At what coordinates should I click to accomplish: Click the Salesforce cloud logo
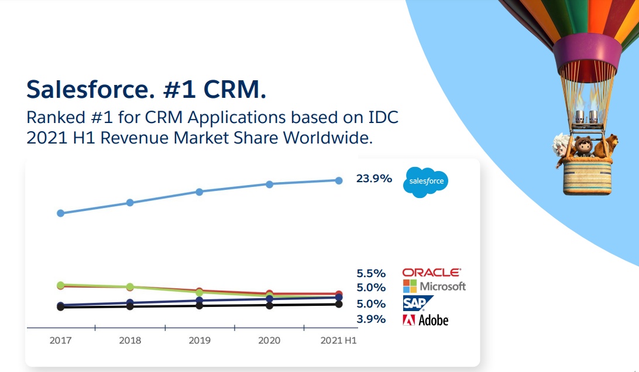(426, 182)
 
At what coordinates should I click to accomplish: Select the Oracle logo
(431, 272)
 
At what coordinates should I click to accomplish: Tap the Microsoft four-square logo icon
(410, 286)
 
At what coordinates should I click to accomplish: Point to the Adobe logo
(425, 320)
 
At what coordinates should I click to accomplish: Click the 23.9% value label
(374, 179)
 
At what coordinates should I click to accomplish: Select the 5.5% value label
(371, 273)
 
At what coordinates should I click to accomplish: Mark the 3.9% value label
(371, 319)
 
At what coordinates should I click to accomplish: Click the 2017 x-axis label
(61, 340)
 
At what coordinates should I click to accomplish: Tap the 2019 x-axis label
(200, 340)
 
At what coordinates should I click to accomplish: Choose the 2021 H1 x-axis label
(338, 340)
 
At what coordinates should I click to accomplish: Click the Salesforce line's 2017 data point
(60, 213)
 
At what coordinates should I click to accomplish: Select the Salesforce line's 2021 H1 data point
(338, 180)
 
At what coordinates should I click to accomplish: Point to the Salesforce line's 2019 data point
(200, 192)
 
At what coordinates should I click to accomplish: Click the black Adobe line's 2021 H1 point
(338, 304)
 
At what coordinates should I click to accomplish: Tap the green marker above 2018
(130, 287)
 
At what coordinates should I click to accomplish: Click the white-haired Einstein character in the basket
(562, 148)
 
